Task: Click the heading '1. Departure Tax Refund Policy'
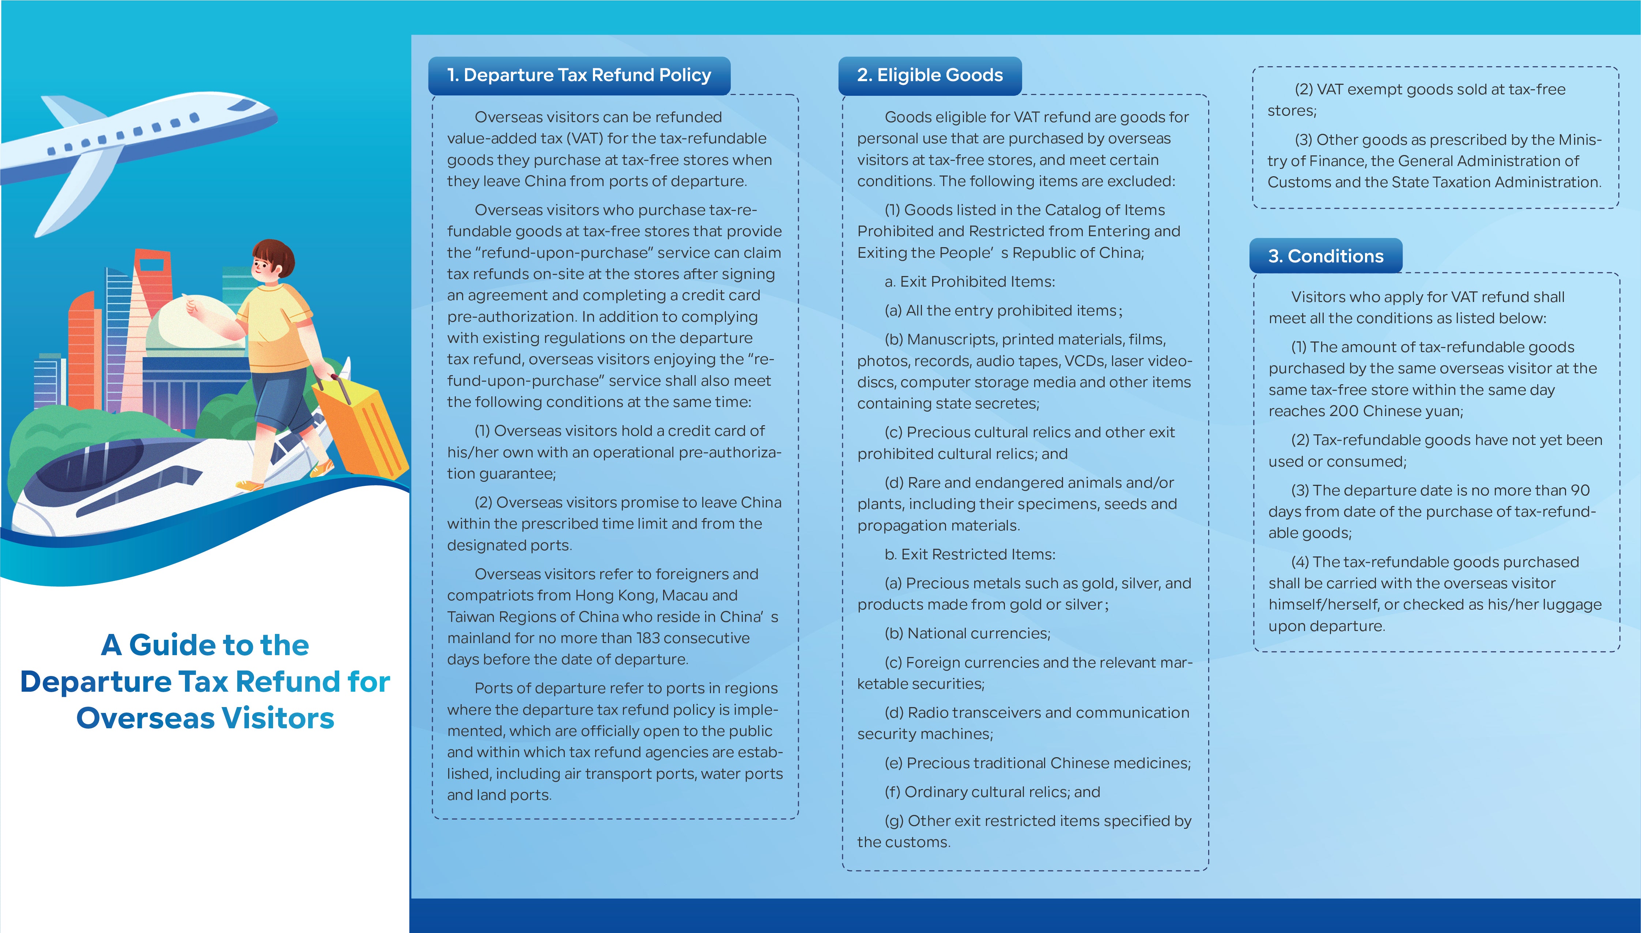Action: coord(579,76)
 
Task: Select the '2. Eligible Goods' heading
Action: coord(929,76)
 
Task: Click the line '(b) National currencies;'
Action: coord(967,634)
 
